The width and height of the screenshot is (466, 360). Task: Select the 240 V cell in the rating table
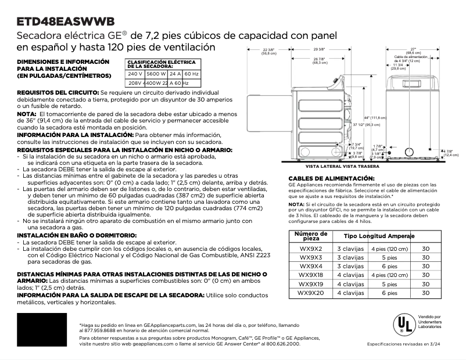(x=135, y=74)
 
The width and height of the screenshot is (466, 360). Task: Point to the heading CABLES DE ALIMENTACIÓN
(x=331, y=178)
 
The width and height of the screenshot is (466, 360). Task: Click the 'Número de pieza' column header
(x=308, y=236)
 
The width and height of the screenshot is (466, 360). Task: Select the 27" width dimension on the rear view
(x=414, y=49)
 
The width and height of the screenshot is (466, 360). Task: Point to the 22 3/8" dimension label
(x=268, y=52)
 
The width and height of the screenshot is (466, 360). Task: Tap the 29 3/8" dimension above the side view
(x=319, y=49)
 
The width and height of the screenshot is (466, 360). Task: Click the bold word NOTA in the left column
(x=27, y=114)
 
